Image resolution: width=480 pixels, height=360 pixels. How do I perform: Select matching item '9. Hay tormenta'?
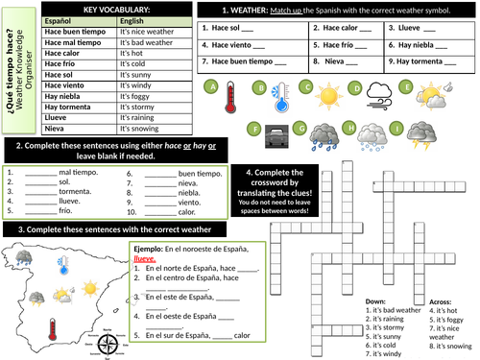tap(420, 60)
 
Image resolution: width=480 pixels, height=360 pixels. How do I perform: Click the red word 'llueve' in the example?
tap(145, 257)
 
